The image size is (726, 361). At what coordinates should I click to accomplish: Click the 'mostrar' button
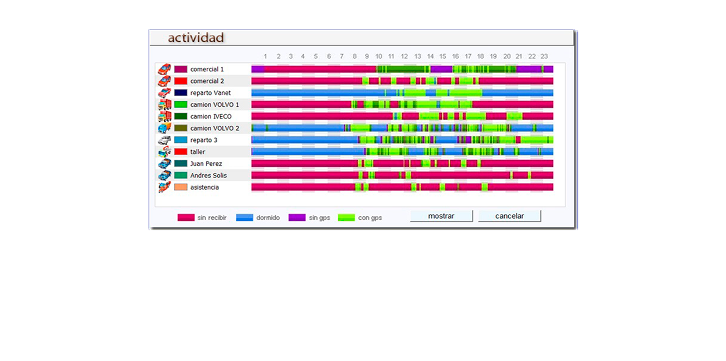(441, 216)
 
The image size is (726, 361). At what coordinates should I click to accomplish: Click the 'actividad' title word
(196, 38)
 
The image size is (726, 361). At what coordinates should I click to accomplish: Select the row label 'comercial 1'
(207, 70)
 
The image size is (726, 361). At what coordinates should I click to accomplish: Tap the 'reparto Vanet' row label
(210, 93)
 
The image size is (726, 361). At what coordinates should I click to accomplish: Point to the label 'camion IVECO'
(211, 116)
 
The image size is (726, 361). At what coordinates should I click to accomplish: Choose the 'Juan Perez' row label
(206, 164)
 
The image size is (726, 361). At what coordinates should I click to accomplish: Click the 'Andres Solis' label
(208, 175)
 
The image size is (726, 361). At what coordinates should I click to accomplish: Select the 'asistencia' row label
(204, 187)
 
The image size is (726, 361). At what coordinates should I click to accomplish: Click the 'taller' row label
(197, 152)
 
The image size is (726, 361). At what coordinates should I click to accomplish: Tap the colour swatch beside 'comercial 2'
(181, 81)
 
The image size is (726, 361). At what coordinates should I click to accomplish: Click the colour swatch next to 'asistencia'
(181, 187)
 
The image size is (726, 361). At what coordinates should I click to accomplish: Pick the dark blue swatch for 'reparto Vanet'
(181, 93)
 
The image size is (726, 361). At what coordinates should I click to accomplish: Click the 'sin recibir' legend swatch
(186, 217)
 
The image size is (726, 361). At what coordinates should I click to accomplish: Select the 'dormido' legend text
(268, 218)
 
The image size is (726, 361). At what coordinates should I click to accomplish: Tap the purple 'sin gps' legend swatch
(297, 217)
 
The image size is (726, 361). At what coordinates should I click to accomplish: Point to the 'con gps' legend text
(370, 218)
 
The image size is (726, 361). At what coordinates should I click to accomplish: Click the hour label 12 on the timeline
(404, 56)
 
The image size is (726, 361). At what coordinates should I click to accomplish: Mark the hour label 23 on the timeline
(544, 56)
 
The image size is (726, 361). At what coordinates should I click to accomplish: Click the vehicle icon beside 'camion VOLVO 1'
(164, 105)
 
